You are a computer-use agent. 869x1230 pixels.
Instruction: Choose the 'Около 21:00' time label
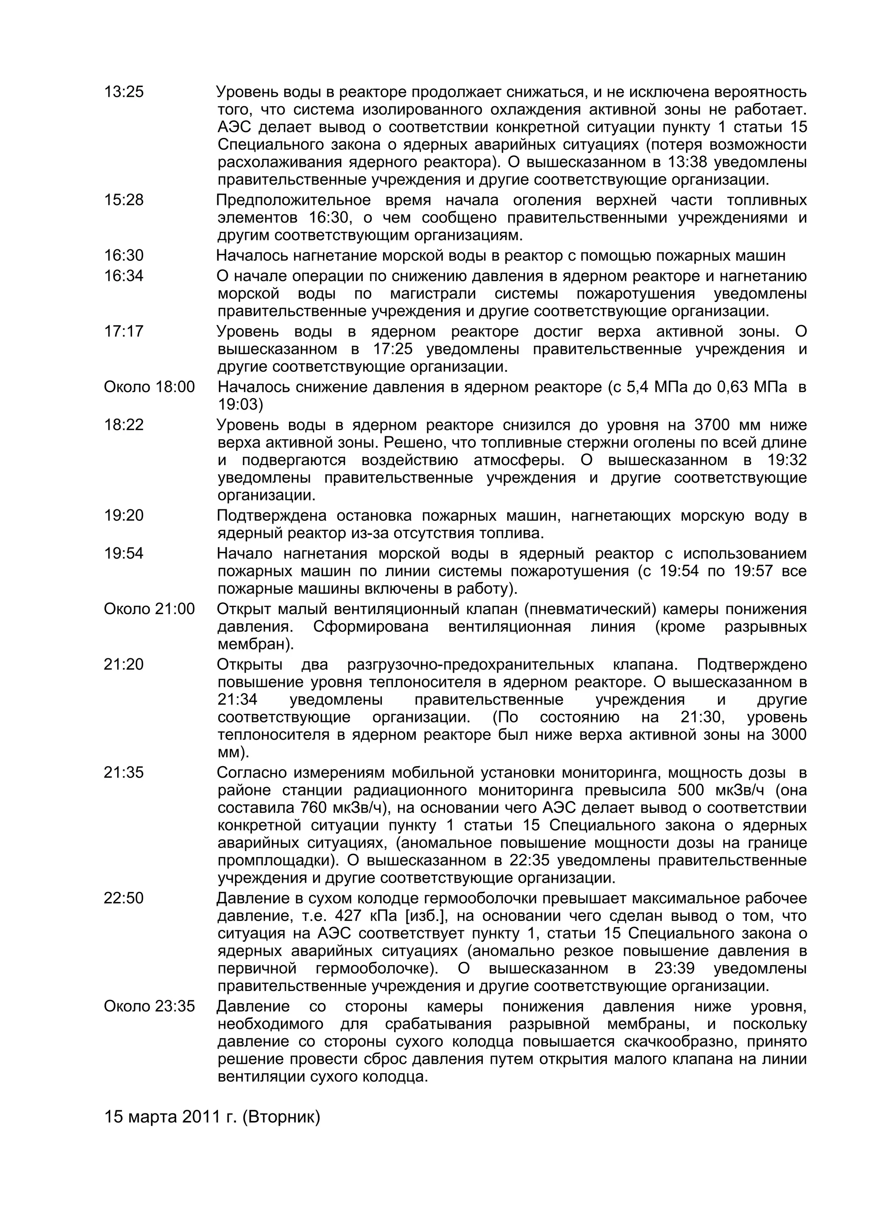[149, 609]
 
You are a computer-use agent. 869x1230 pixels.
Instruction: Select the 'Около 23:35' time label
[149, 1007]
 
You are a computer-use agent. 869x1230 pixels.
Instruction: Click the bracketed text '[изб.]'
[425, 916]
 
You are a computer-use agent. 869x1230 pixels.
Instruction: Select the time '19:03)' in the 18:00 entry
[241, 404]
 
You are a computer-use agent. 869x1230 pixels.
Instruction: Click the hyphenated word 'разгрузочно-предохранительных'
[470, 665]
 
